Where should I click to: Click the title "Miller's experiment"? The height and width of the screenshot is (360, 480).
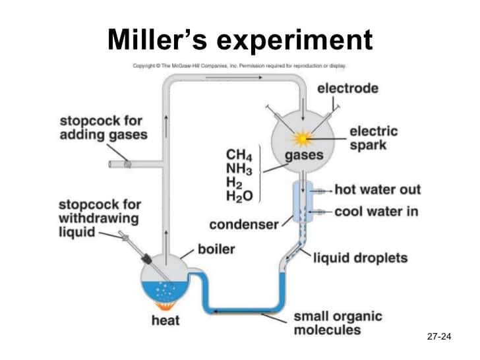point(240,40)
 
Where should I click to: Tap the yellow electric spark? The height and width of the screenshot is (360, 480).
point(304,138)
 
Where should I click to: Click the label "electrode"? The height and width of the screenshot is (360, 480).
point(348,88)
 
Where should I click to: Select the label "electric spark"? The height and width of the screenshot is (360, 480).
point(375,137)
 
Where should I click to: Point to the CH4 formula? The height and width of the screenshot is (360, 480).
point(239,156)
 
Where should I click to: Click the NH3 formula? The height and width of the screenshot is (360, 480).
point(239,169)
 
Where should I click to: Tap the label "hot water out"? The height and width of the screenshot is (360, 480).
point(377,190)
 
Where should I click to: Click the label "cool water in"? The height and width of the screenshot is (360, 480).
point(376,212)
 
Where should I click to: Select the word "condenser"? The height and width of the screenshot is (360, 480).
point(244,225)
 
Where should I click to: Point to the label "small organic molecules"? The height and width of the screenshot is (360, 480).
point(338,323)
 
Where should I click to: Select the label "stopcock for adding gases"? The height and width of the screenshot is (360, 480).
point(104,129)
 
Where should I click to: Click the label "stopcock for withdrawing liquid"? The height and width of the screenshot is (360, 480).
point(99,218)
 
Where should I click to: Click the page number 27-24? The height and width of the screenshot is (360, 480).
point(438,337)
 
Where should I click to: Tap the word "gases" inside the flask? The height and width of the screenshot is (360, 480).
point(304,156)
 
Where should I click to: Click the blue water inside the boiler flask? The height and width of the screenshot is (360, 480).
point(162,291)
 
